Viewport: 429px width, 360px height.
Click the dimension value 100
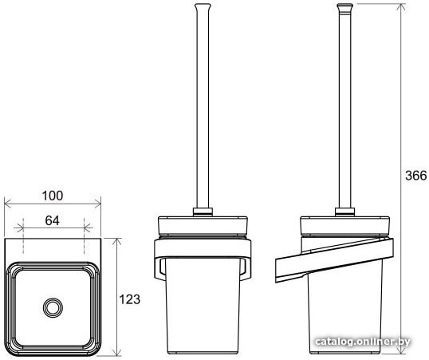(x=53, y=196)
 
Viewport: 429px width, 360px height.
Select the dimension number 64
(x=53, y=220)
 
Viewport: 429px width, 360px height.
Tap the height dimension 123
(x=130, y=299)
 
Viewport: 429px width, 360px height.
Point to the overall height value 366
(x=416, y=176)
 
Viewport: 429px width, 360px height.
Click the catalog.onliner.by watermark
(x=363, y=342)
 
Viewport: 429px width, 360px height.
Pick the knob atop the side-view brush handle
(x=344, y=8)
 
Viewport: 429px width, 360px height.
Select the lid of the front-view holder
(x=203, y=226)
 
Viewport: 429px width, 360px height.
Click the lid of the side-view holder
(x=345, y=226)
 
